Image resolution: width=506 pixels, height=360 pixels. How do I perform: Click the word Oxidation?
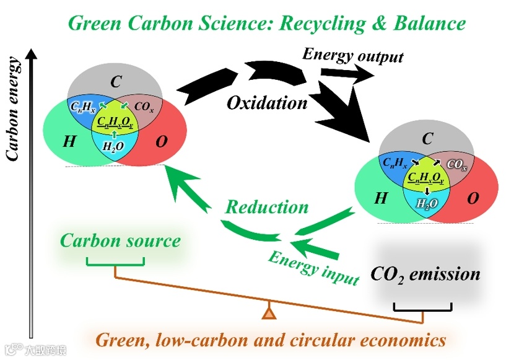click(x=267, y=102)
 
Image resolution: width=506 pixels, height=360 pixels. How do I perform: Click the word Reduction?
click(x=266, y=206)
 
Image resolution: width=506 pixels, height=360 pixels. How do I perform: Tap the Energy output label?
click(x=352, y=55)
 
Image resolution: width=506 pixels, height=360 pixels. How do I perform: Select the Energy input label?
click(x=313, y=267)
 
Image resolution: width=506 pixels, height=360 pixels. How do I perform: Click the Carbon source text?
click(x=120, y=240)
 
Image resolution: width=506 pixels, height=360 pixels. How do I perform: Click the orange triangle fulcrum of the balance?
click(x=268, y=312)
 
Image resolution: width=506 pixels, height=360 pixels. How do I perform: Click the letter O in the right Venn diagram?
click(x=473, y=198)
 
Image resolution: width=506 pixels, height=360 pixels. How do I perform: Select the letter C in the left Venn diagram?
click(x=116, y=81)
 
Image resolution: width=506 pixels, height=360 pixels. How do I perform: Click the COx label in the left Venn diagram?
click(x=143, y=107)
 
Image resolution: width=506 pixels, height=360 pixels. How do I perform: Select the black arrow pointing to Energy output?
click(x=347, y=73)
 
